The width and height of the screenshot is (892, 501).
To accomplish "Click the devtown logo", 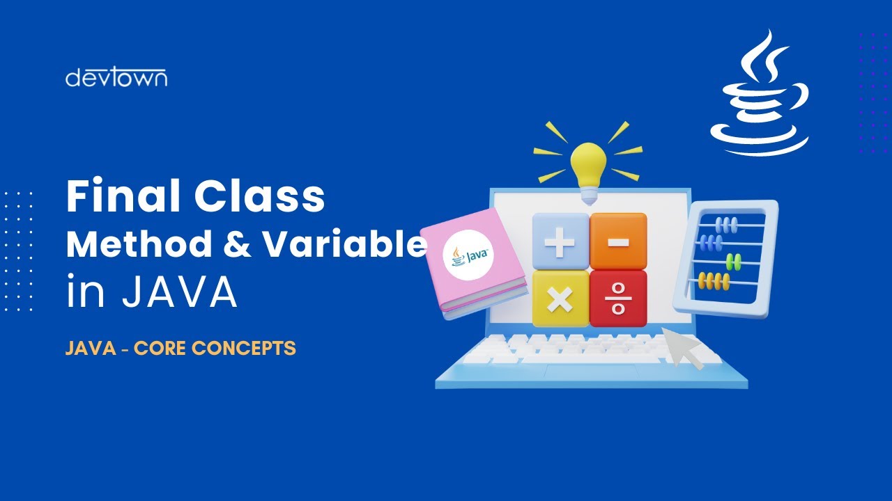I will tap(116, 77).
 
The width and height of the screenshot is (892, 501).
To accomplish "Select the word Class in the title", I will tap(259, 197).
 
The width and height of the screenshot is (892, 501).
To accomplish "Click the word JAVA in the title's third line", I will tap(180, 293).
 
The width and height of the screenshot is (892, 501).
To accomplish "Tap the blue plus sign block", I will tap(560, 241).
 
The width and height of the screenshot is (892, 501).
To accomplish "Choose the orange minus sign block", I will tap(618, 241).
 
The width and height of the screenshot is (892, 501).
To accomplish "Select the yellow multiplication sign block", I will tap(560, 299).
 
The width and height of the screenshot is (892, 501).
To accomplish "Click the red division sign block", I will tap(618, 299).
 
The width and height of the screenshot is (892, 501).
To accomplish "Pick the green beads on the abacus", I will tap(734, 262).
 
